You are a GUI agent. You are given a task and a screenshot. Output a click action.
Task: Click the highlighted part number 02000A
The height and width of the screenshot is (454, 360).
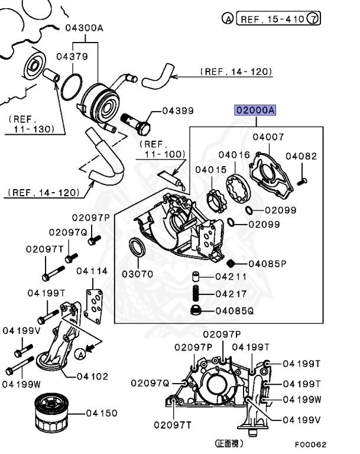tap(256, 110)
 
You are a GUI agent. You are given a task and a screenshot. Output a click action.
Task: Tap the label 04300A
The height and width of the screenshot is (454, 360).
tap(85, 27)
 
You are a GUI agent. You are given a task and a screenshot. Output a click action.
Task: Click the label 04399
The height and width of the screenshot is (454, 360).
tap(178, 111)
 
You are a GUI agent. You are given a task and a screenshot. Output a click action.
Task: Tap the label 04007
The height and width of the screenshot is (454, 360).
tap(268, 137)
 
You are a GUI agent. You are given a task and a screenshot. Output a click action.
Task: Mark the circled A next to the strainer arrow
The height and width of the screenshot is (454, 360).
tap(79, 353)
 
